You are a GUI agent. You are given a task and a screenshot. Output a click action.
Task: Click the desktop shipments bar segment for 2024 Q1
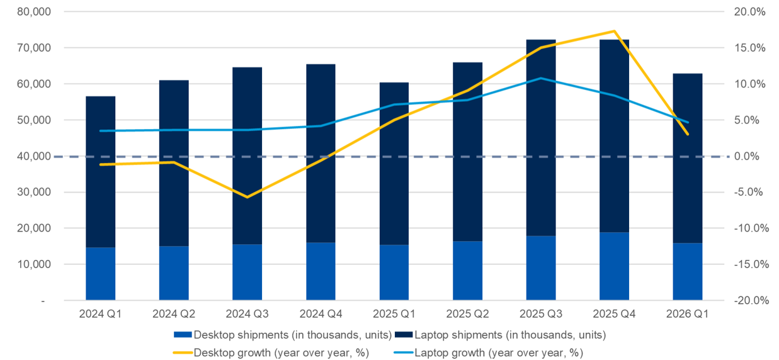pyautogui.click(x=100, y=274)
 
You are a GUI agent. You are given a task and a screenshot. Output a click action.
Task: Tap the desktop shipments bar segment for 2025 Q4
pyautogui.click(x=614, y=266)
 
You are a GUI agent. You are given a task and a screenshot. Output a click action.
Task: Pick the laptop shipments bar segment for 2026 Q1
pyautogui.click(x=688, y=158)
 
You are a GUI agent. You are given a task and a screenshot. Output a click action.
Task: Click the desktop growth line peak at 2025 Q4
pyautogui.click(x=614, y=31)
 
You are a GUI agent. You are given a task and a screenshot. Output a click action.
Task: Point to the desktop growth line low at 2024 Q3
pyautogui.click(x=247, y=197)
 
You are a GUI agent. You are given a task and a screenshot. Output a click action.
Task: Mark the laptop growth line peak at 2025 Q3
pyautogui.click(x=541, y=78)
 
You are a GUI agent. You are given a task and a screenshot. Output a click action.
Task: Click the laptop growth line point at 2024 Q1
pyautogui.click(x=100, y=131)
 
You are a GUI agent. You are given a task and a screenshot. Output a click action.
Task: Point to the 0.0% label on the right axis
pyautogui.click(x=751, y=156)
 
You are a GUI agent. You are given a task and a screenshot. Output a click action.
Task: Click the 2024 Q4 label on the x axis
pyautogui.click(x=321, y=313)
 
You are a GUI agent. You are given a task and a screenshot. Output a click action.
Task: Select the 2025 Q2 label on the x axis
pyautogui.click(x=467, y=313)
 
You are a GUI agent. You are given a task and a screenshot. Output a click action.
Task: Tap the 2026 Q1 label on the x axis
pyautogui.click(x=688, y=313)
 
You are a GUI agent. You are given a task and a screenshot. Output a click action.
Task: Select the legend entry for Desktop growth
pyautogui.click(x=271, y=352)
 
